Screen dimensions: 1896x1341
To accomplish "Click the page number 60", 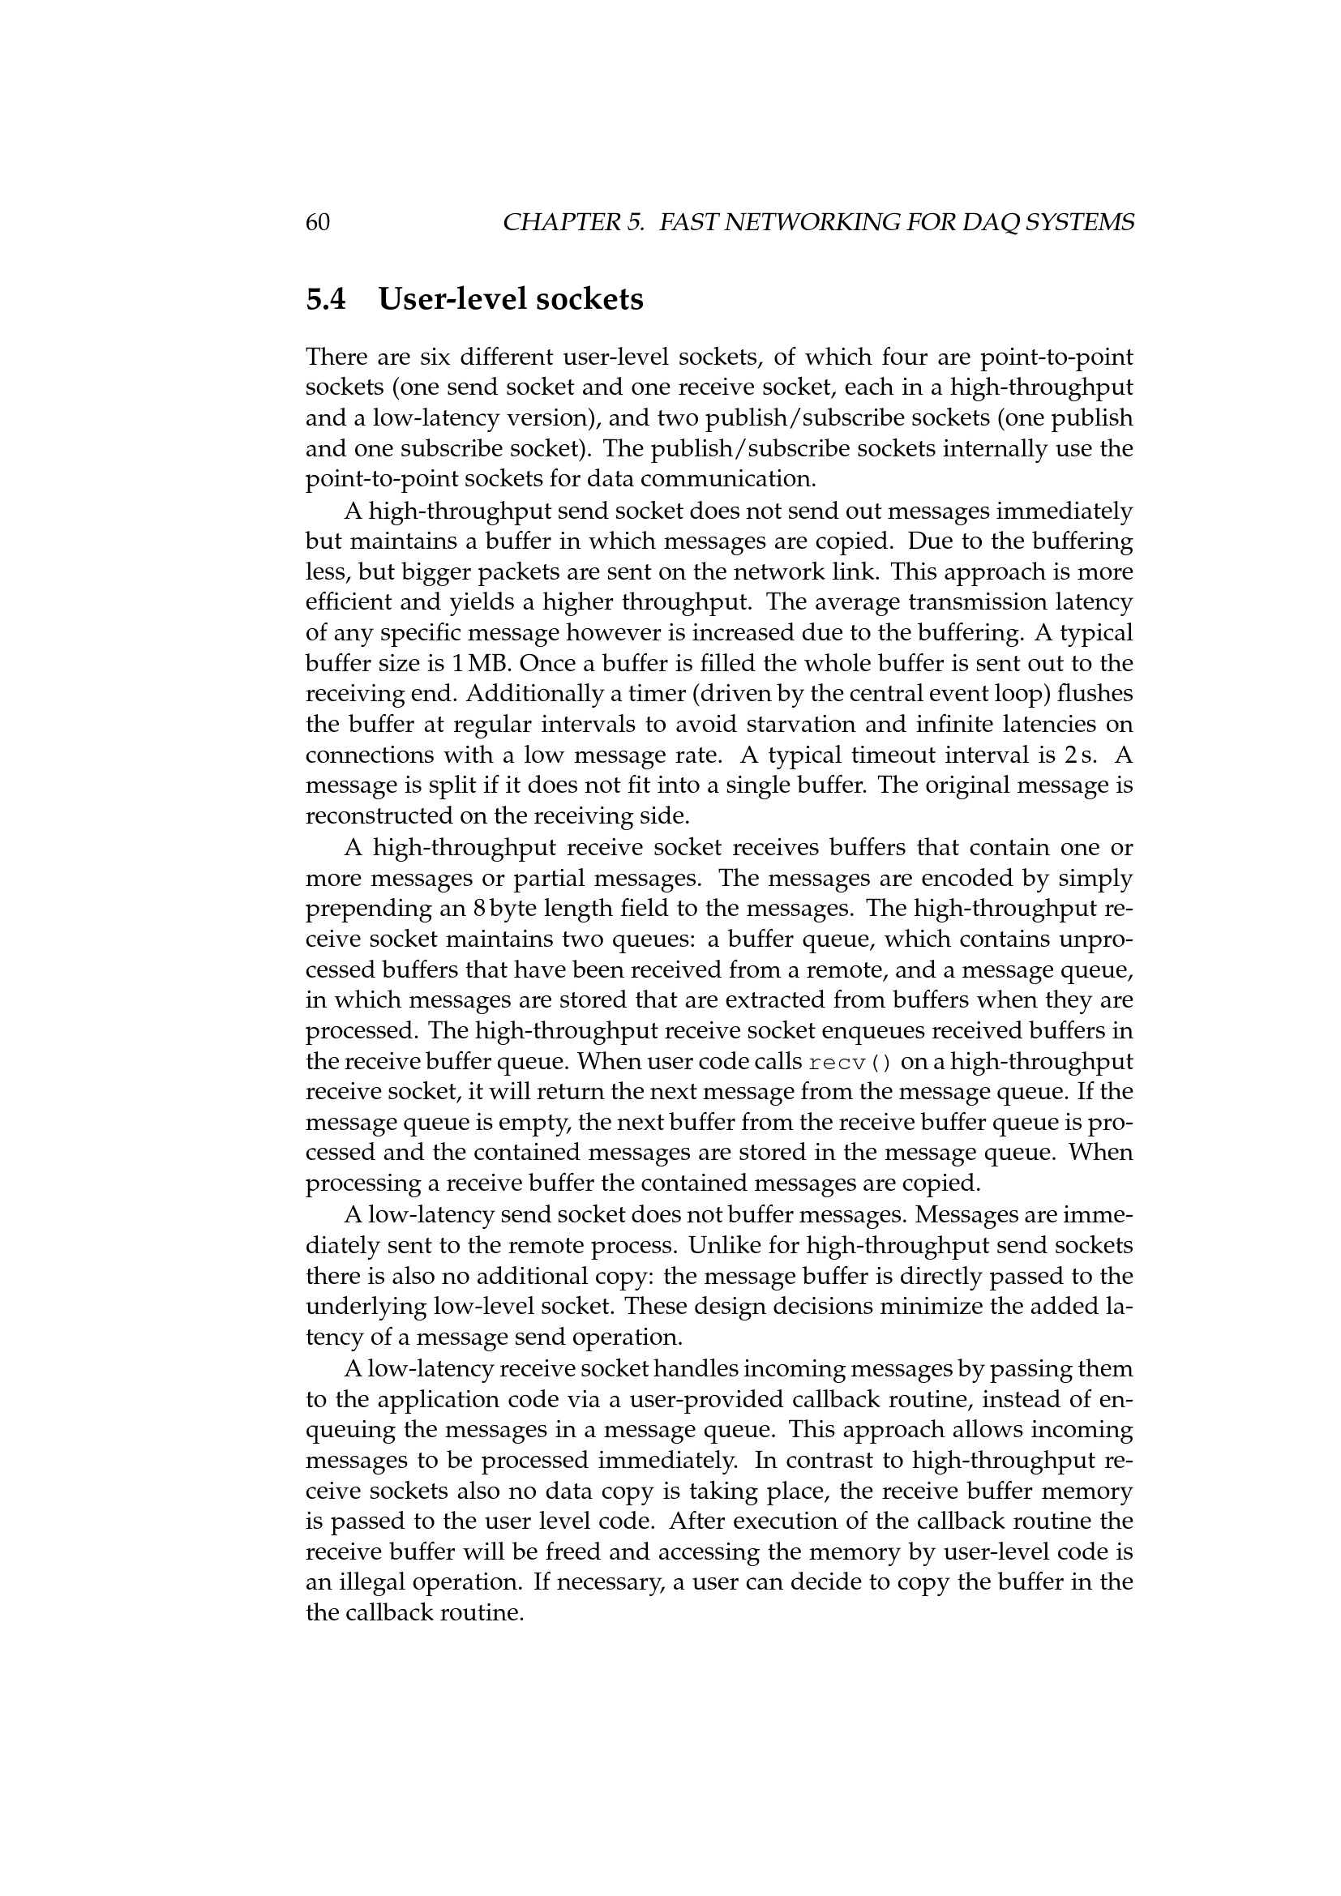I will (x=318, y=222).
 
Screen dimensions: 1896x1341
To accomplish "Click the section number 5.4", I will (x=326, y=299).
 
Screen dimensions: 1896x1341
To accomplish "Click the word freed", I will (x=573, y=1551).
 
